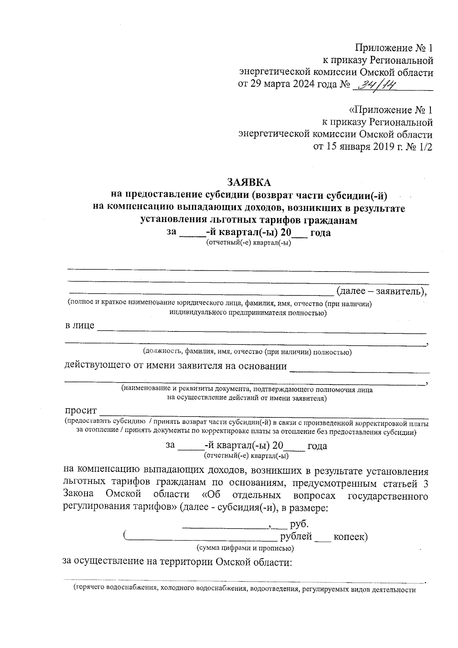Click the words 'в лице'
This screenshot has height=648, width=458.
79,326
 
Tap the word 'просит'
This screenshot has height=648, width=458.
81,411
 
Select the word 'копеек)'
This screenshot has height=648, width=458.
350,536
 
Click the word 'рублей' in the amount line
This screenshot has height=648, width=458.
296,536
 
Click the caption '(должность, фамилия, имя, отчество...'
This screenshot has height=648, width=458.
247,352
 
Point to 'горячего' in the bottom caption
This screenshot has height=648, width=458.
91,589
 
